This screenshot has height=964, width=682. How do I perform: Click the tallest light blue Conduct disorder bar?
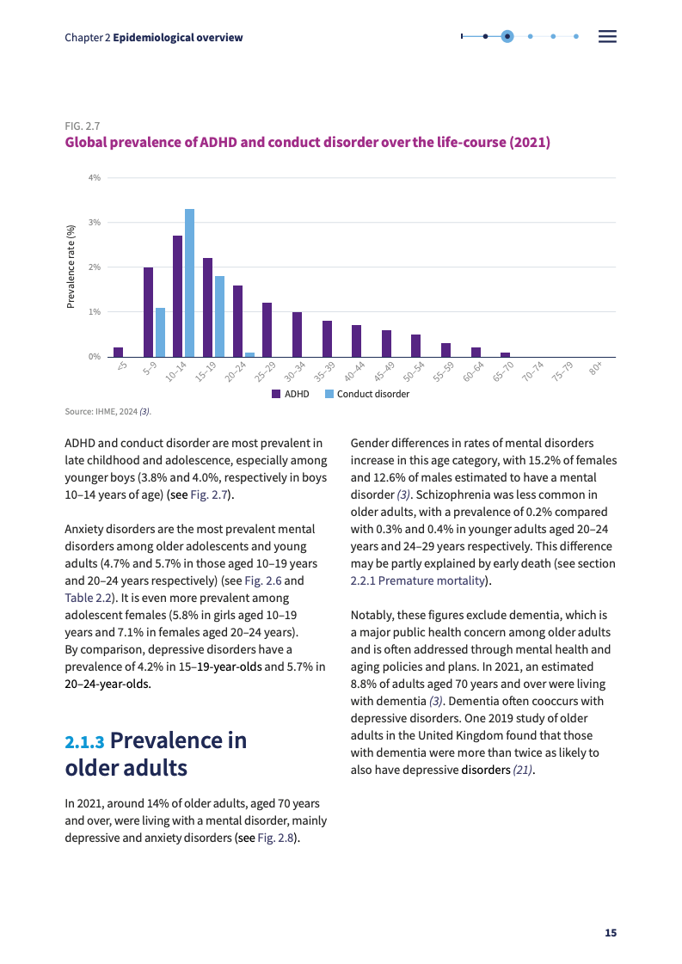(x=189, y=282)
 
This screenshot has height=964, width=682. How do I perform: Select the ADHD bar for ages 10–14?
(x=177, y=296)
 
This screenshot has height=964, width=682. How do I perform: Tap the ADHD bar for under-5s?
(x=118, y=352)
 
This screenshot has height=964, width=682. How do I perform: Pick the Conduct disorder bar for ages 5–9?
(x=160, y=332)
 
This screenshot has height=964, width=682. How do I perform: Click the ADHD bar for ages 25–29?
(x=267, y=329)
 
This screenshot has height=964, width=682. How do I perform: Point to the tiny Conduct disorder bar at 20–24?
(x=249, y=354)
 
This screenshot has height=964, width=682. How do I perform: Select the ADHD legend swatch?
(x=276, y=394)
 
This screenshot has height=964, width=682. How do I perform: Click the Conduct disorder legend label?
(x=373, y=394)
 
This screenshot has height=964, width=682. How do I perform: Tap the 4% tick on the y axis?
(x=95, y=177)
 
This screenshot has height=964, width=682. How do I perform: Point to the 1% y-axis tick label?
(x=95, y=311)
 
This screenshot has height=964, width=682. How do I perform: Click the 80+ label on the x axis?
(x=595, y=369)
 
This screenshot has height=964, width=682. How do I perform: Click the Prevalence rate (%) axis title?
(x=72, y=266)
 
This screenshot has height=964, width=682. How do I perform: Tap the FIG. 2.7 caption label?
(x=83, y=126)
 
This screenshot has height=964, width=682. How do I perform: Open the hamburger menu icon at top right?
(x=607, y=37)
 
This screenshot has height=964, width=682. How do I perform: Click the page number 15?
(x=611, y=933)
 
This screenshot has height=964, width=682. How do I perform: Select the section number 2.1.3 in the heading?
(x=84, y=742)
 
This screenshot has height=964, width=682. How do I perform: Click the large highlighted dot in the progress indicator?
(x=507, y=36)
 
